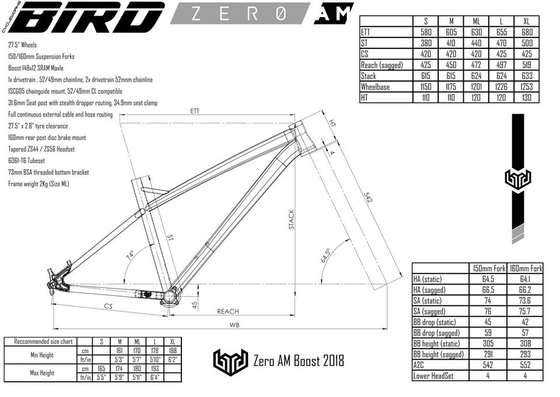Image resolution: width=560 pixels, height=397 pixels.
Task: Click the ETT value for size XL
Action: [527, 32]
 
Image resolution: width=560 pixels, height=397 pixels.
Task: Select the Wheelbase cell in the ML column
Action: [477, 87]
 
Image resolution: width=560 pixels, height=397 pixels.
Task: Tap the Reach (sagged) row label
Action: [381, 65]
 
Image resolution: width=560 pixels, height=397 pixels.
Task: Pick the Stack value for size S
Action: [426, 76]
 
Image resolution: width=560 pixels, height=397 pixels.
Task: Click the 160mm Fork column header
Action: [525, 269]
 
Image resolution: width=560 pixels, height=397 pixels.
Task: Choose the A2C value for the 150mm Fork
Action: [488, 365]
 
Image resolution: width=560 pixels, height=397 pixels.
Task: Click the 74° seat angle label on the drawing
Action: [130, 255]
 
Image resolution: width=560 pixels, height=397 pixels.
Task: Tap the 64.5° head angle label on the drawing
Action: [325, 255]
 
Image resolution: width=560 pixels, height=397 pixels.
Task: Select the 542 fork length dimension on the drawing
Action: [368, 198]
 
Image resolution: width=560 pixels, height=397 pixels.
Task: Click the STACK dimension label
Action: [292, 220]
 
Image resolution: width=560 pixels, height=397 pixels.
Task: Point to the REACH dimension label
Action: [228, 311]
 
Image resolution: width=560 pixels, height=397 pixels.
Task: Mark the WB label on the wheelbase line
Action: [235, 325]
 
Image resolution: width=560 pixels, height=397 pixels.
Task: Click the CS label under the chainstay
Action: [108, 306]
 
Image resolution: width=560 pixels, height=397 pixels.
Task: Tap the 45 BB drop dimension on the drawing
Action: [195, 305]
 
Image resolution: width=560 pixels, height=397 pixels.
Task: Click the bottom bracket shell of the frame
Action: [171, 296]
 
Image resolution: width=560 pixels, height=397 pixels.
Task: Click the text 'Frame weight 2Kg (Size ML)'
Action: [38, 184]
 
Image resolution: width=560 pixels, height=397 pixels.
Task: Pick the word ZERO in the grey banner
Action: [239, 13]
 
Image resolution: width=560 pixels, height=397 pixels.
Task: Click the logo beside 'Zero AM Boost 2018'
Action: [231, 360]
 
